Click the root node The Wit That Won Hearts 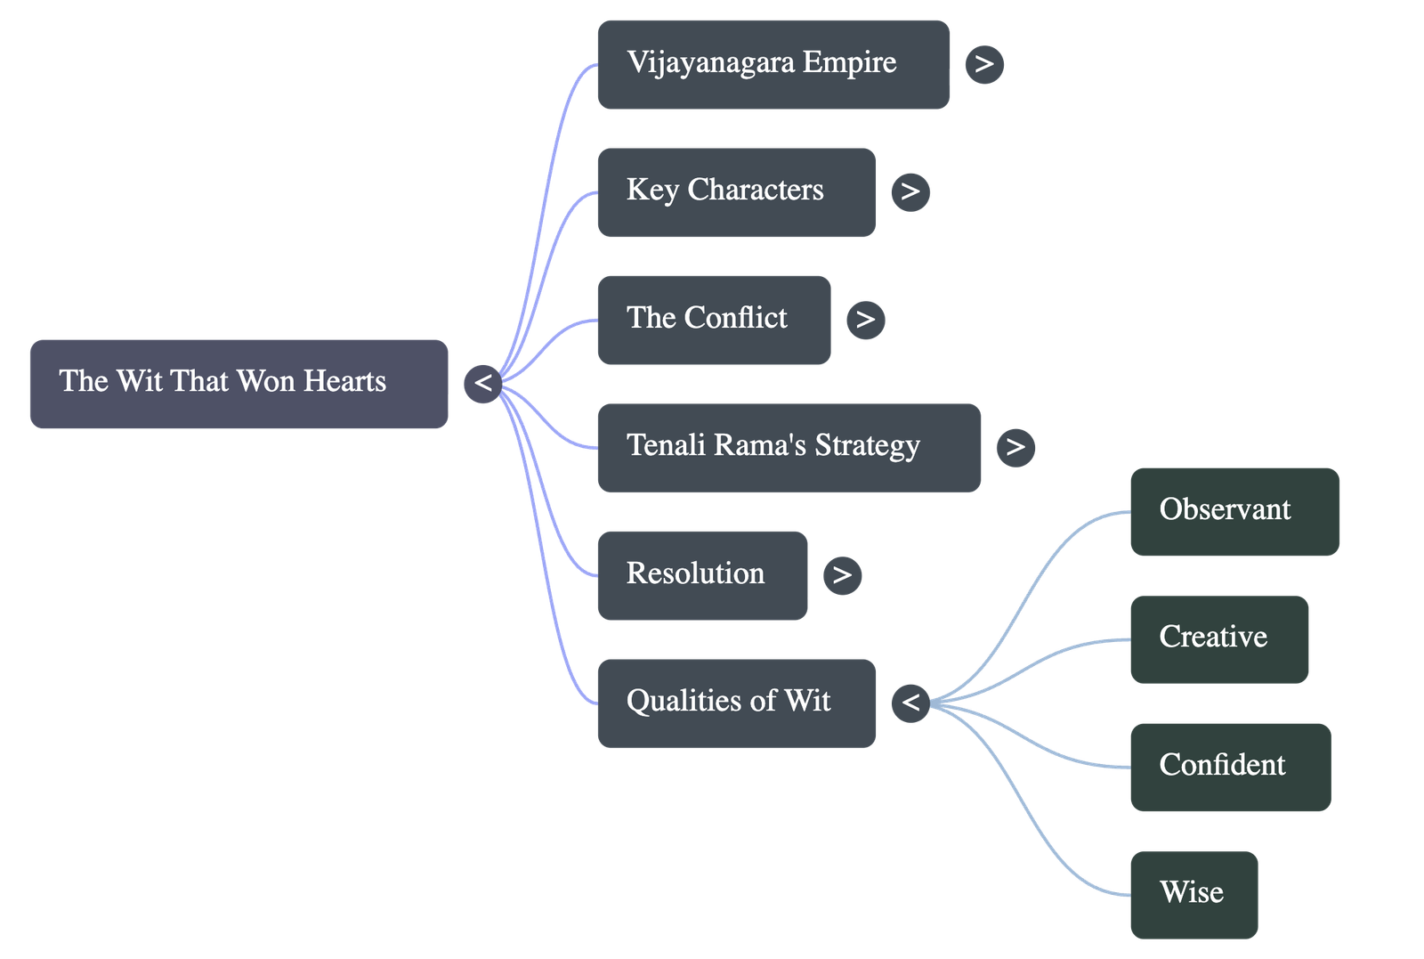pos(239,383)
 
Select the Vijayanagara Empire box pos(773,65)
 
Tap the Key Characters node pos(736,192)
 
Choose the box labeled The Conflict pos(714,320)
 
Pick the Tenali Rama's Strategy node pos(789,447)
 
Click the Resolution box pos(702,575)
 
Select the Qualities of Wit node pos(736,703)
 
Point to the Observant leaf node pos(1234,512)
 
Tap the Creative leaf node pos(1219,639)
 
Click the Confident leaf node pos(1231,767)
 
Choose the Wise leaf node pos(1193,894)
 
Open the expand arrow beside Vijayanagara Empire pos(983,64)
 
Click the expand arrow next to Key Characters pos(910,191)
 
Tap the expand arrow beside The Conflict pos(865,320)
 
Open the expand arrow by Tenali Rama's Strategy pos(1015,447)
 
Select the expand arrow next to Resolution pos(842,575)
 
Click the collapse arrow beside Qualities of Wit pos(910,703)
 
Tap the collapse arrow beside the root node pos(482,384)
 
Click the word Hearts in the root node pos(344,381)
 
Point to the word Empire pos(849,62)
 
